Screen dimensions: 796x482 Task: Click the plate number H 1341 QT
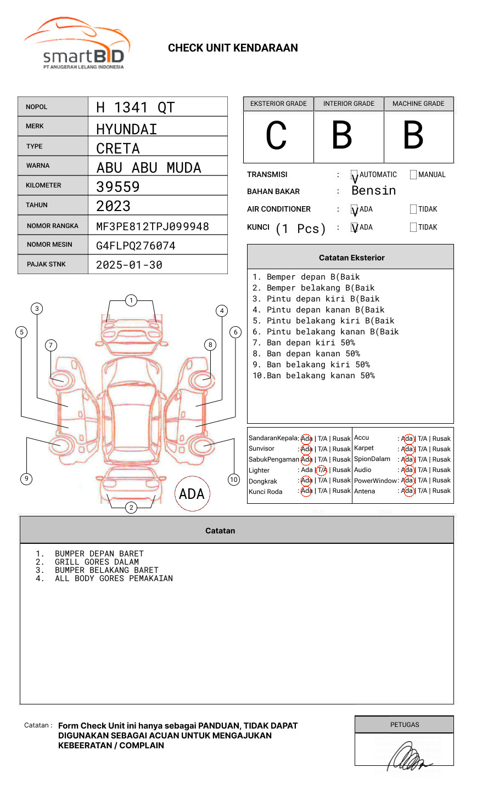point(135,107)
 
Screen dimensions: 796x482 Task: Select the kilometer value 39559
point(118,187)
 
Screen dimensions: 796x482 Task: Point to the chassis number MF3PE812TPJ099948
point(152,226)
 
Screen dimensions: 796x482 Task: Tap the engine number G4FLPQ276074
point(136,246)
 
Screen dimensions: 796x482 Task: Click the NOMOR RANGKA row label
point(53,226)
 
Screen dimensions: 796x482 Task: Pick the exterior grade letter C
point(276,136)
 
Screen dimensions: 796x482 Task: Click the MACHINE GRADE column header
point(418,104)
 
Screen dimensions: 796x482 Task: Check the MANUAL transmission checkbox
point(413,175)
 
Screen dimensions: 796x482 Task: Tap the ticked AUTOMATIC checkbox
point(355,175)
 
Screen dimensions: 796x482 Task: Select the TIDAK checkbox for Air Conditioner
point(413,209)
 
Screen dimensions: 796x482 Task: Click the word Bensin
point(373,191)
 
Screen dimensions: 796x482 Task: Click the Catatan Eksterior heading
point(351,258)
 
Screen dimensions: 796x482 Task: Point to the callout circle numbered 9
point(26,479)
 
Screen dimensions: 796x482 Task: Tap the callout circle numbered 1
point(131,300)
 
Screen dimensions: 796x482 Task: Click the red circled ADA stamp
point(192,494)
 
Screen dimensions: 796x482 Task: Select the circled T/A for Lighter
point(322,470)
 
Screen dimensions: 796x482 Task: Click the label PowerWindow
point(375,481)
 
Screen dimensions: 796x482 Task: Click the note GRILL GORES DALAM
point(97,562)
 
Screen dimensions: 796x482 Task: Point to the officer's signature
point(409,757)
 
